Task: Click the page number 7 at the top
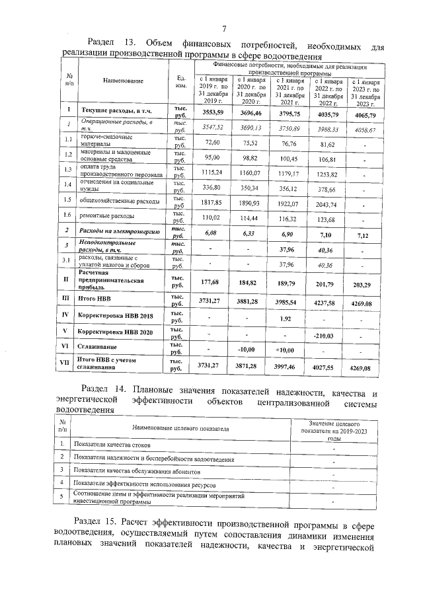click(224, 28)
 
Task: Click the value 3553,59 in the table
click(213, 113)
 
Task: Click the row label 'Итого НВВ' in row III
click(95, 299)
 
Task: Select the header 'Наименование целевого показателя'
click(176, 430)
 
